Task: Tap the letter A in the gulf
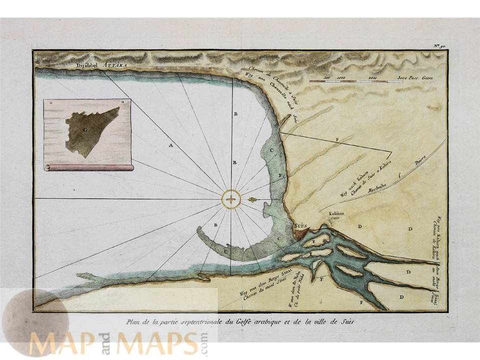(170, 145)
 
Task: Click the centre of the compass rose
(230, 199)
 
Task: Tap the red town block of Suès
(303, 233)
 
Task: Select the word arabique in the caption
(270, 320)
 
